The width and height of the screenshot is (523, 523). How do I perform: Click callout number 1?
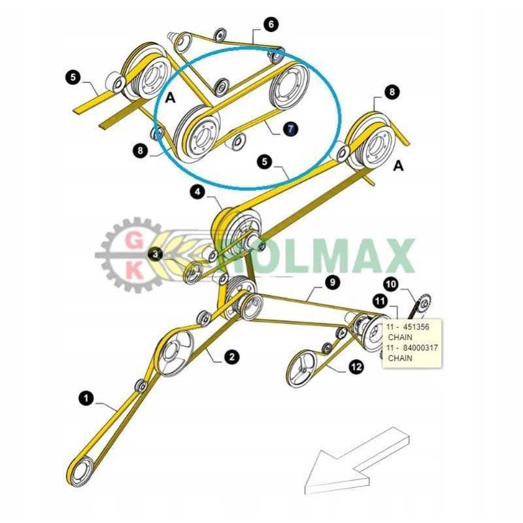point(85,397)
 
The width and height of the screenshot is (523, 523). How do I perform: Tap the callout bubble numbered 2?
point(231,356)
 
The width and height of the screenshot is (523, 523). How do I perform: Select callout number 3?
point(156,254)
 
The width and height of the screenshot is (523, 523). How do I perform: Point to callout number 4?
point(197,192)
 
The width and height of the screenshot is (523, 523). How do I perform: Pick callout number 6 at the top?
point(271,25)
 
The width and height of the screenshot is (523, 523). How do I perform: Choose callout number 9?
point(333,282)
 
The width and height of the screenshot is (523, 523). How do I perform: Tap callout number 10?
point(391,284)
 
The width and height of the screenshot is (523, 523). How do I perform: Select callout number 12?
point(356,368)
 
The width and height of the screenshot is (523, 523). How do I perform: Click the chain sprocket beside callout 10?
point(422,303)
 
